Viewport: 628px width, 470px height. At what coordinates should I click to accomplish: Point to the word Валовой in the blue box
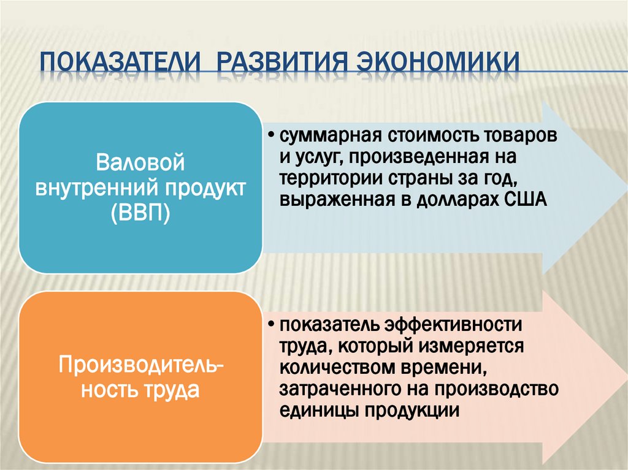pyautogui.click(x=140, y=164)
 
